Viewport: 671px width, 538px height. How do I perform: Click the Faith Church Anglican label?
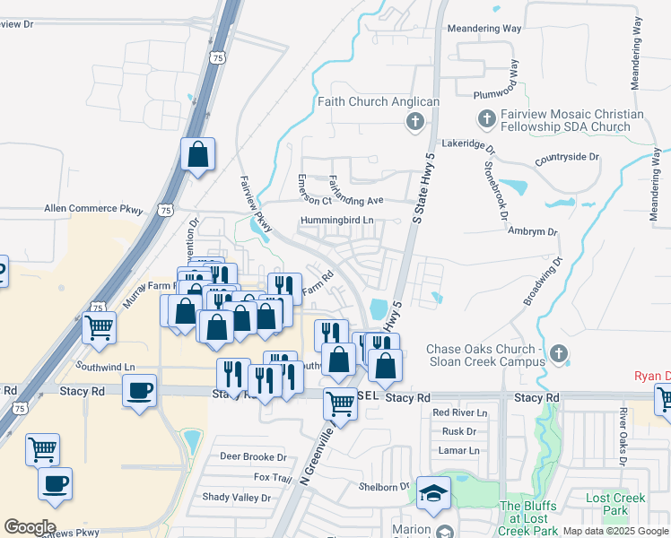click(x=379, y=102)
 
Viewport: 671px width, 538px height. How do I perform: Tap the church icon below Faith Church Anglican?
click(x=414, y=121)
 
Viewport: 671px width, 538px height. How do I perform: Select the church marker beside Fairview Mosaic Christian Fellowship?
click(x=486, y=118)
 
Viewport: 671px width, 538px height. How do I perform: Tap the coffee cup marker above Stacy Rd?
click(x=140, y=390)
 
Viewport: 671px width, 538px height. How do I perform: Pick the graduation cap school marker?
click(x=433, y=494)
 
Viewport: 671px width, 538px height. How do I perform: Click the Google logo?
click(x=30, y=526)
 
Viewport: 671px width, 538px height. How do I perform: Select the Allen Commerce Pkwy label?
click(x=94, y=210)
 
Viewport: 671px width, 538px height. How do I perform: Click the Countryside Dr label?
click(x=566, y=157)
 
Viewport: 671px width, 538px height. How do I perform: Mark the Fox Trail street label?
click(x=273, y=478)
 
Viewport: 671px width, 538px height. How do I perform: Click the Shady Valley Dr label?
click(x=236, y=498)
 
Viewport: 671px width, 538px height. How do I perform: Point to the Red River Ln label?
click(x=459, y=413)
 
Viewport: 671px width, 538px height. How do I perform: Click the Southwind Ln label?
click(x=104, y=367)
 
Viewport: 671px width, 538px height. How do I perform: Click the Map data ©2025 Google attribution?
click(x=615, y=531)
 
